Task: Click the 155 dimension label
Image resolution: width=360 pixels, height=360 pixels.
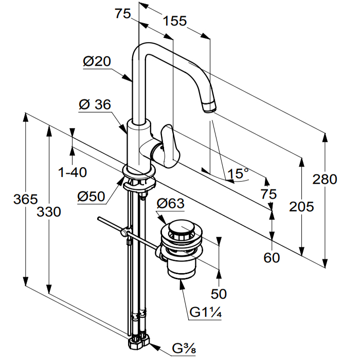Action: pos(174,21)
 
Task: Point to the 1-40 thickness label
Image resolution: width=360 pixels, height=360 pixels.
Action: pos(73,172)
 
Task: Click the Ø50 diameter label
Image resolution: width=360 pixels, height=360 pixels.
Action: pos(92,196)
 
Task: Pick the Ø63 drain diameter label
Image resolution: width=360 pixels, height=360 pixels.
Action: pos(170,204)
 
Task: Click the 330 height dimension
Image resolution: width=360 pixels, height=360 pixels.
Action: pos(49,211)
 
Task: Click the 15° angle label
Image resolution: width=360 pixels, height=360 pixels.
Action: pos(238,173)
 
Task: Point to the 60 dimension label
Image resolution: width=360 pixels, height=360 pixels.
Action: pos(272,257)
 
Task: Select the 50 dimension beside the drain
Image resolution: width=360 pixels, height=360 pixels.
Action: pos(219,294)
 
